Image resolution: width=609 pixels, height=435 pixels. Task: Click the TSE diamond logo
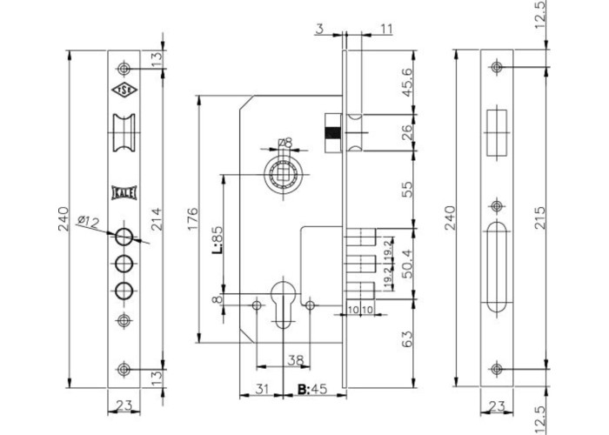tap(124, 90)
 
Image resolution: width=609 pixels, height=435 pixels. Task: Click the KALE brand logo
tap(124, 192)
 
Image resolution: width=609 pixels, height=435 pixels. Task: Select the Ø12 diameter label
tap(89, 222)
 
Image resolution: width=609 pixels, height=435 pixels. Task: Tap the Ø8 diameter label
tap(285, 143)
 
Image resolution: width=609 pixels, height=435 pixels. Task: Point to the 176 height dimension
tap(193, 218)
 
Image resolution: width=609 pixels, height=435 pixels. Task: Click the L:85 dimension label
tap(217, 239)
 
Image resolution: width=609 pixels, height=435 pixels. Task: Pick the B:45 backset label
tap(312, 389)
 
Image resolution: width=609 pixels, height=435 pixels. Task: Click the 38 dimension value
tap(295, 360)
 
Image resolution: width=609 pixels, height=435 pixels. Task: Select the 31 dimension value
tap(262, 389)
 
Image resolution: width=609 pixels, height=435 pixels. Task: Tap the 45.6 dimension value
tap(407, 83)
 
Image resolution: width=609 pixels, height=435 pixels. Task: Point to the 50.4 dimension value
tap(407, 264)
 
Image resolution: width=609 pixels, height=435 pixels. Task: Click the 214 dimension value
tap(156, 219)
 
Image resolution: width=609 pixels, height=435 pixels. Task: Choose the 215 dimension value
tap(540, 217)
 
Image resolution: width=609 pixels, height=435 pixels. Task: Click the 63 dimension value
tap(407, 338)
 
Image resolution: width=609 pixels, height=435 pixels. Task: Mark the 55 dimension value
tap(407, 189)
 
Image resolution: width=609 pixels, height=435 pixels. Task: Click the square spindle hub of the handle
tap(283, 175)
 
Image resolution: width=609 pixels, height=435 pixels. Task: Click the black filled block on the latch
tap(333, 132)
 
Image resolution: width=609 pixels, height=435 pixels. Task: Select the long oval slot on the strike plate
tap(497, 267)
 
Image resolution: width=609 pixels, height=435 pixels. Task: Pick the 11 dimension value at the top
tap(386, 29)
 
